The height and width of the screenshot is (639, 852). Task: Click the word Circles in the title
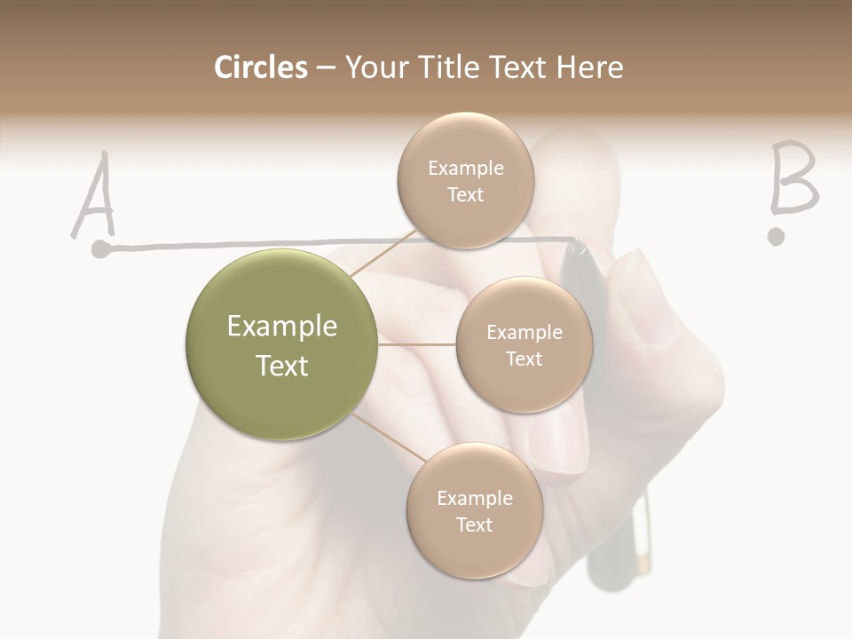pos(260,67)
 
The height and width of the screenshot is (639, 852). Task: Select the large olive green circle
pos(282,345)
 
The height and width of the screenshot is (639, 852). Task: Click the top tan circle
pos(465,180)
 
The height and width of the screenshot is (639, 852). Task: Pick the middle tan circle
pos(524,344)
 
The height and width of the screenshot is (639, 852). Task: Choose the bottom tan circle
pos(474,510)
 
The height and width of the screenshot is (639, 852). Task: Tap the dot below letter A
pos(101,249)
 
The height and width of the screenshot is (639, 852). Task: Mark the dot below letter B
pos(777,236)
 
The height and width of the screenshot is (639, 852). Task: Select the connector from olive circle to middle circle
pos(417,344)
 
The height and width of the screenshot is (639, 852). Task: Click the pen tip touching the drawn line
pos(578,245)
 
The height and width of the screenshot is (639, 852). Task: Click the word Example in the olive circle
pos(282,327)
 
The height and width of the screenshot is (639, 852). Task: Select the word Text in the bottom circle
pos(474,525)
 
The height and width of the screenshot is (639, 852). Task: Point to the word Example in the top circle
pos(465,168)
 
